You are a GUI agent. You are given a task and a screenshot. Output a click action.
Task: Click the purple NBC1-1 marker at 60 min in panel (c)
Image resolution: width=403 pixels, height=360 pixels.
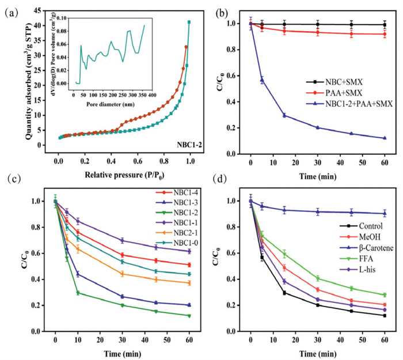pos(189,251)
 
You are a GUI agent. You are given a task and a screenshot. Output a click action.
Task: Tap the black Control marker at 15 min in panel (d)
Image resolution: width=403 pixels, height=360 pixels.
pos(283,293)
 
